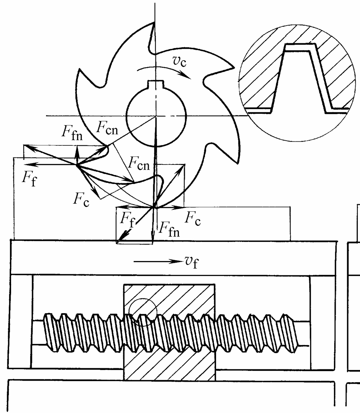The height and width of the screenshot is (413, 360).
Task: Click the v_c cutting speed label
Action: (x=180, y=61)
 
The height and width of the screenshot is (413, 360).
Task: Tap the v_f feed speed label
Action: (x=191, y=262)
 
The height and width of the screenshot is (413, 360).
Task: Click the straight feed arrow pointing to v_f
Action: (x=158, y=261)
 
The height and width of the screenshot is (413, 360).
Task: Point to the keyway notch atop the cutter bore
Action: (x=156, y=84)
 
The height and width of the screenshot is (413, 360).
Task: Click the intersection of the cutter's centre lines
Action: (x=155, y=116)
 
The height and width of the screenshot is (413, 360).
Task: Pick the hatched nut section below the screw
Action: (x=169, y=365)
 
